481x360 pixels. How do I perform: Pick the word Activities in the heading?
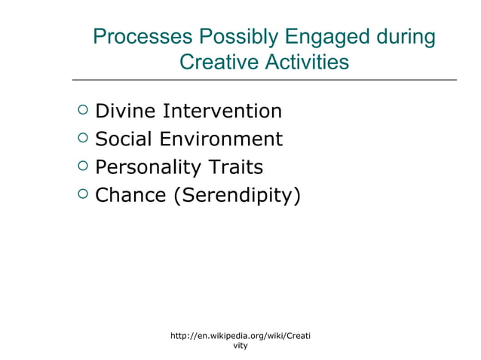click(307, 62)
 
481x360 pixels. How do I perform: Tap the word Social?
click(124, 139)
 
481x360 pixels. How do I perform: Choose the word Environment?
click(221, 139)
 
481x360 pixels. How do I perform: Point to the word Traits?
click(236, 167)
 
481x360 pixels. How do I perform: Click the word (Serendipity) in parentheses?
click(237, 196)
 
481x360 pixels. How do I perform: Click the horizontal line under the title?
click(264, 79)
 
